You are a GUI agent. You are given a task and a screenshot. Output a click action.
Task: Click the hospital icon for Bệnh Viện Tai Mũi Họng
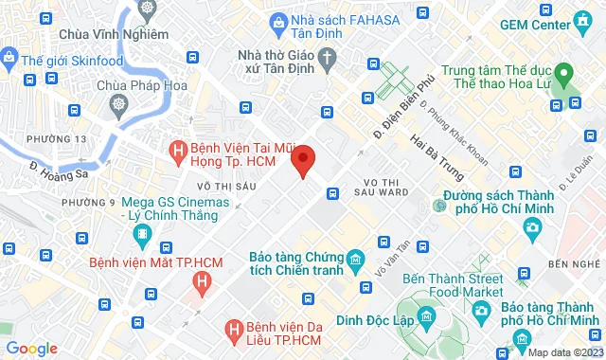(x=177, y=151)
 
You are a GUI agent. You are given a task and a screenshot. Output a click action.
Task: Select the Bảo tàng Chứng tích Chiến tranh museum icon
(x=355, y=260)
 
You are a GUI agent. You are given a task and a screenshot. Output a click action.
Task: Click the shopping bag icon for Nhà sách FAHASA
(x=278, y=21)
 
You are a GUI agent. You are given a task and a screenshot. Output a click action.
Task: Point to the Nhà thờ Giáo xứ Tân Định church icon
(x=328, y=59)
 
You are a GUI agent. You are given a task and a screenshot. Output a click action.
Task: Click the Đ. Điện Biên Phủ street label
(x=403, y=98)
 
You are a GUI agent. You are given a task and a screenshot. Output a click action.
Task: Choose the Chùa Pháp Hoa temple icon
(x=119, y=103)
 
